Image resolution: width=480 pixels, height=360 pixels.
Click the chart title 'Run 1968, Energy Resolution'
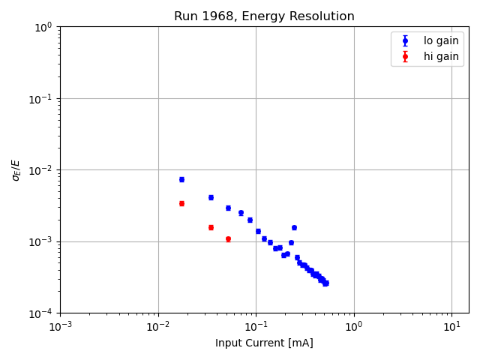coord(264,16)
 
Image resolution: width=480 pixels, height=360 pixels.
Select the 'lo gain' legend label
coord(441,40)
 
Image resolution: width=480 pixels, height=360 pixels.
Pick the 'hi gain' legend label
coord(441,56)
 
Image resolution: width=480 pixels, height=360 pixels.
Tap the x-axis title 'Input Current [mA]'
coord(264,343)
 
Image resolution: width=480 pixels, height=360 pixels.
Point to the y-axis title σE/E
coord(16,169)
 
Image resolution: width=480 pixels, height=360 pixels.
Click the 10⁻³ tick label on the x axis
coord(60,327)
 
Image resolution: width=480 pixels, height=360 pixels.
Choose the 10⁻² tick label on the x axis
coord(157,327)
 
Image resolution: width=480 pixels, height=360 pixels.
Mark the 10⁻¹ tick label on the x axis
coord(256,327)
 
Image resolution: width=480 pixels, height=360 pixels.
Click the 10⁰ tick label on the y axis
coord(43,27)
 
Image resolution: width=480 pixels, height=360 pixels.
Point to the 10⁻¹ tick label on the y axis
coord(41,98)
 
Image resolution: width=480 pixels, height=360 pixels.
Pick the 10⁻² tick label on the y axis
coord(41,170)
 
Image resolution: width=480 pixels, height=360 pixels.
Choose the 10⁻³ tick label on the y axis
coord(41,241)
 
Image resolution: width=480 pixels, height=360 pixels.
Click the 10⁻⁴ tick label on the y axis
coord(41,313)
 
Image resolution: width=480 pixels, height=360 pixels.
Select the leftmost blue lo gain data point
coord(181,179)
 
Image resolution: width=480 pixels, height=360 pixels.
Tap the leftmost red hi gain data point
coord(181,203)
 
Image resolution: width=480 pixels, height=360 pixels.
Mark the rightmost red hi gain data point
coord(228,239)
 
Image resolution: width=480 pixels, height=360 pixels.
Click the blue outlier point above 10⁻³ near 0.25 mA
coord(294,227)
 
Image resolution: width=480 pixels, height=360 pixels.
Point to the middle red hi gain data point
coord(211,227)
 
